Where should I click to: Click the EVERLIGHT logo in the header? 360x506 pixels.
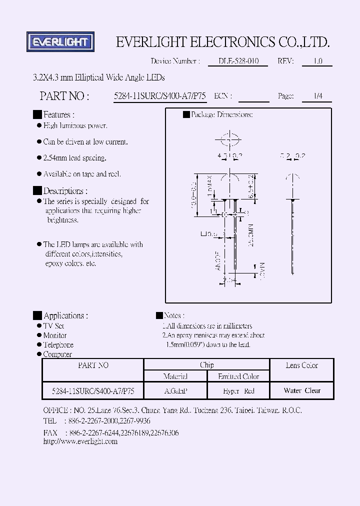click(60, 42)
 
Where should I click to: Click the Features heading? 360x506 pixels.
click(59, 114)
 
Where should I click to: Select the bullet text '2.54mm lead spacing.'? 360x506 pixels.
click(75, 158)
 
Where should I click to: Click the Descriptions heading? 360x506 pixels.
click(65, 191)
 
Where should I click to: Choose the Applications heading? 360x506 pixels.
click(65, 315)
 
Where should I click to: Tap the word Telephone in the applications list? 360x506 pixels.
click(58, 344)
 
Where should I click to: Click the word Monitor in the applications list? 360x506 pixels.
click(55, 335)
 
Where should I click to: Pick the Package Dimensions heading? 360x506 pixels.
click(221, 114)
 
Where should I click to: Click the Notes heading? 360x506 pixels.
click(173, 315)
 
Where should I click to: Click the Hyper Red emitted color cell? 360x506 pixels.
click(238, 390)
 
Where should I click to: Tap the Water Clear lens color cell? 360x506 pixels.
click(302, 390)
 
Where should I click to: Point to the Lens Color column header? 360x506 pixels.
click(302, 365)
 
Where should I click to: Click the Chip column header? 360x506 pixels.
click(206, 365)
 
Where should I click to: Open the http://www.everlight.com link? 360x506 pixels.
click(80, 441)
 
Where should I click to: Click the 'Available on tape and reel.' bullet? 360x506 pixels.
click(82, 174)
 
